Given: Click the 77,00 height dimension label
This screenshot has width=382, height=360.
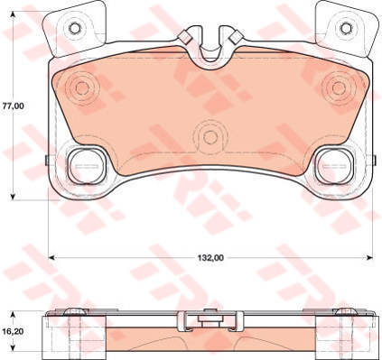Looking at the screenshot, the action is click(13, 106).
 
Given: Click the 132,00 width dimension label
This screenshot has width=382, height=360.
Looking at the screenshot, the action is click(210, 258).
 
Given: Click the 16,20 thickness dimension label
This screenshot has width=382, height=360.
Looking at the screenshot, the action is click(13, 331).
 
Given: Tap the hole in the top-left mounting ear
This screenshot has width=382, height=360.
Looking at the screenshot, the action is click(74, 28).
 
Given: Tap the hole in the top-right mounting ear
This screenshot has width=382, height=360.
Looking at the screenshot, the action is click(346, 28).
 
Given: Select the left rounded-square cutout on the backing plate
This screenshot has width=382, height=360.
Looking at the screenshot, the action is click(86, 166).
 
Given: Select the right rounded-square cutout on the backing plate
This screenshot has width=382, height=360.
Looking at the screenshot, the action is click(336, 166).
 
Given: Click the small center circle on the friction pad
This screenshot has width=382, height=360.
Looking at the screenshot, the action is click(210, 137).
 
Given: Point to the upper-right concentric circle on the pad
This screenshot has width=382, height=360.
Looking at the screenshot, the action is click(339, 88).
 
